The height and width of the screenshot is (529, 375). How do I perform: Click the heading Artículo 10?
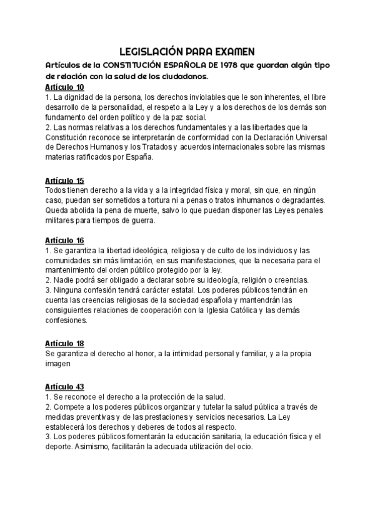click(66, 87)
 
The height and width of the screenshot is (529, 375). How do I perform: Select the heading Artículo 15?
click(66, 181)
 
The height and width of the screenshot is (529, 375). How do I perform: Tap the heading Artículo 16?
click(66, 240)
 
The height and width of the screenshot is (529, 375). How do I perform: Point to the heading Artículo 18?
click(66, 344)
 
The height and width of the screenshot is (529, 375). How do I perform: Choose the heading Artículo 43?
click(66, 387)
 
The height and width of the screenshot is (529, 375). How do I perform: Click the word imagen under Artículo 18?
click(59, 364)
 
